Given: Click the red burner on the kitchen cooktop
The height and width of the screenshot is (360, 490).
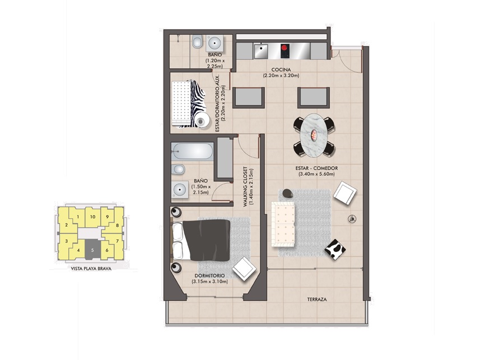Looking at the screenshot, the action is pyautogui.click(x=284, y=48).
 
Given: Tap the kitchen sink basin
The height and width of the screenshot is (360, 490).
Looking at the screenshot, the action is pyautogui.click(x=260, y=52).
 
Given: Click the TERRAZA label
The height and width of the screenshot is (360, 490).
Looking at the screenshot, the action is pyautogui.click(x=317, y=300).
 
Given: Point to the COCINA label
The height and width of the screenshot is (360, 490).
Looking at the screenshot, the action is pyautogui.click(x=281, y=69).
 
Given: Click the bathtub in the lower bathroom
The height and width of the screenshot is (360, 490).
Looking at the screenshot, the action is pyautogui.click(x=192, y=152).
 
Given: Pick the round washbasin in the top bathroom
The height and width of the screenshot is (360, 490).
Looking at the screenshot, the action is pyautogui.click(x=214, y=43).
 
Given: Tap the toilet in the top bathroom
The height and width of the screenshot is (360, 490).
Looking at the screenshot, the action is pyautogui.click(x=197, y=41).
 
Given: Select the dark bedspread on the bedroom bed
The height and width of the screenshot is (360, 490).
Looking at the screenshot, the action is pyautogui.click(x=207, y=240).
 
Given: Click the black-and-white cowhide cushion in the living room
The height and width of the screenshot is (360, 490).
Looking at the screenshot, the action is pyautogui.click(x=335, y=249).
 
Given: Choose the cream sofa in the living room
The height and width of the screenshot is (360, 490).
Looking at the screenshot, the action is pyautogui.click(x=283, y=224).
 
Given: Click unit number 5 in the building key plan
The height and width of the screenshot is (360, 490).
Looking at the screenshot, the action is pyautogui.click(x=92, y=250).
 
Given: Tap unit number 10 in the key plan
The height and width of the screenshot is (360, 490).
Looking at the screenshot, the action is pyautogui.click(x=93, y=217).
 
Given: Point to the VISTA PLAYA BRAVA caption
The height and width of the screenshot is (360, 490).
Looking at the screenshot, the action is pyautogui.click(x=91, y=268).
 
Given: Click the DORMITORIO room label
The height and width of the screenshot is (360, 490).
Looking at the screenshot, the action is pyautogui.click(x=209, y=276).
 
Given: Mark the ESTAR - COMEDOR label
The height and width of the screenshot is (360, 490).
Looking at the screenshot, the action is pyautogui.click(x=316, y=168).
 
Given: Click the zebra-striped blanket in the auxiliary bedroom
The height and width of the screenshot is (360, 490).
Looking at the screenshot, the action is pyautogui.click(x=196, y=103).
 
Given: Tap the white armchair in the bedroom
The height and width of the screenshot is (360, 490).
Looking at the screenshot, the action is pyautogui.click(x=244, y=269).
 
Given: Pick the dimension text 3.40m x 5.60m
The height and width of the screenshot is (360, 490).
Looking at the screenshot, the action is pyautogui.click(x=316, y=174).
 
